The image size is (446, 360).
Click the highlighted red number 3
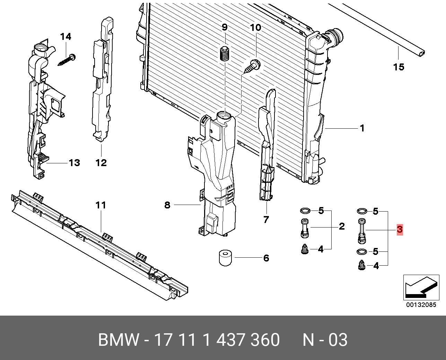400,229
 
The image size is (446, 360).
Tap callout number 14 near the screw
65,37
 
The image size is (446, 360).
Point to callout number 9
224,27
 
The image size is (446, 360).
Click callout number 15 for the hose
399,67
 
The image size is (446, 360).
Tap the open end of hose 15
421,53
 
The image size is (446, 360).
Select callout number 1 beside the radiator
362,128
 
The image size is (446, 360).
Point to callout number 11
100,205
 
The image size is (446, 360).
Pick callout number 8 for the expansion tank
167,205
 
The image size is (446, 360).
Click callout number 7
266,220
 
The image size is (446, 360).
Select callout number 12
101,162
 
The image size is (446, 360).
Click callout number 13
75,162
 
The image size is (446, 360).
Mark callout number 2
342,226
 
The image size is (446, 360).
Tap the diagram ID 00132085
421,305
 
